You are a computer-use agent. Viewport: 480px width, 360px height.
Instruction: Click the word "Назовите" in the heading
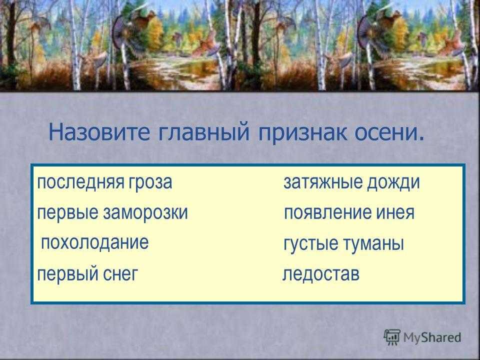(99, 132)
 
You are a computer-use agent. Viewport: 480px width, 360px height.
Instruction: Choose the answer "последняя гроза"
(104, 183)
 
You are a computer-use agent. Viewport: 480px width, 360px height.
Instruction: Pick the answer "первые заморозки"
(112, 213)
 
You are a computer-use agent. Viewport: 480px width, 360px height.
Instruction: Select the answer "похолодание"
(95, 242)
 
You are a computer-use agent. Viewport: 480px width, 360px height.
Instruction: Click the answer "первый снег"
(87, 274)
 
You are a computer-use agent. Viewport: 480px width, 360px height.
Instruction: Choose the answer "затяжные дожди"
(351, 183)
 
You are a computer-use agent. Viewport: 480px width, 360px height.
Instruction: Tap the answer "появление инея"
(349, 213)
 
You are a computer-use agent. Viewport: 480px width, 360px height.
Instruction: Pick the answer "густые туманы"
(344, 244)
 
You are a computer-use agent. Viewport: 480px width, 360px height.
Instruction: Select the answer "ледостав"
(321, 274)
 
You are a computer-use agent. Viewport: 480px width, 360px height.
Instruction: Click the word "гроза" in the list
(150, 183)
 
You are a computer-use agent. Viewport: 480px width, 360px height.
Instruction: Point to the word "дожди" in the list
(393, 183)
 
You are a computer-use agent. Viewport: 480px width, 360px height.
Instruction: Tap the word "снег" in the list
(120, 274)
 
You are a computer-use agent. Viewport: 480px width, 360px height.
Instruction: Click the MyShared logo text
(432, 337)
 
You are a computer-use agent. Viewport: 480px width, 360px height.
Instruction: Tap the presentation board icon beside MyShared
(392, 337)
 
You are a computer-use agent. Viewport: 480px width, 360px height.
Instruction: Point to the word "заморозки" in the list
(145, 213)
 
